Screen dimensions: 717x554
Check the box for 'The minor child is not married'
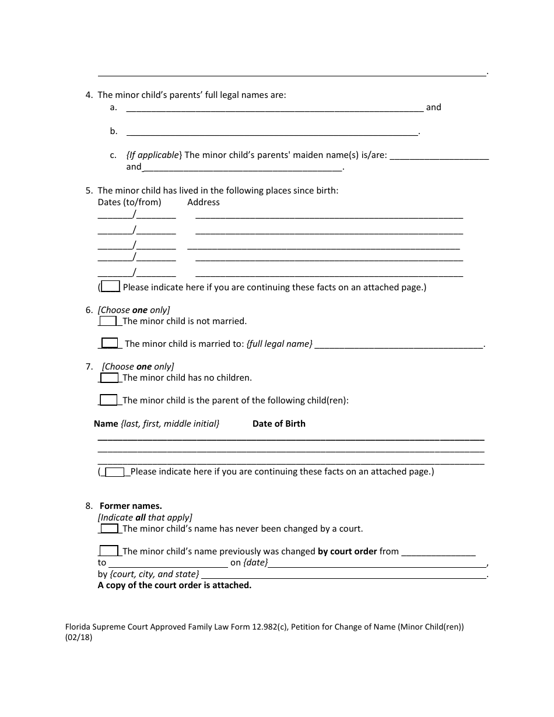(108, 321)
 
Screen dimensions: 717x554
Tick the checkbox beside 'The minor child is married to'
(110, 343)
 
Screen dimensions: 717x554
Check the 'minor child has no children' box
(109, 378)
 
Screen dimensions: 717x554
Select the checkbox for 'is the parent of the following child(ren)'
(108, 400)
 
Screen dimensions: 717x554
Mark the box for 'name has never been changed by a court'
(109, 529)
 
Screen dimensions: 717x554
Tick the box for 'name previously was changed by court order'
(108, 551)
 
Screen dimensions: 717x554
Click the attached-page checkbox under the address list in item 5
(111, 286)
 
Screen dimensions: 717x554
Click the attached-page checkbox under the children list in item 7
(115, 472)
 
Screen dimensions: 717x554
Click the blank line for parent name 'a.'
(274, 108)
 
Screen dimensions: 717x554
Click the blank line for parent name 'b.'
(272, 132)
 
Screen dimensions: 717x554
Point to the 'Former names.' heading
(131, 506)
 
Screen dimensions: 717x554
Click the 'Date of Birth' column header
(279, 424)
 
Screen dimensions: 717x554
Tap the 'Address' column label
(204, 202)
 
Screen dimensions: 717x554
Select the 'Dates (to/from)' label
(129, 202)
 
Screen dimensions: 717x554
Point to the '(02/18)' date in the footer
(79, 637)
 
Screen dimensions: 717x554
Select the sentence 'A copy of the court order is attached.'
(174, 585)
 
